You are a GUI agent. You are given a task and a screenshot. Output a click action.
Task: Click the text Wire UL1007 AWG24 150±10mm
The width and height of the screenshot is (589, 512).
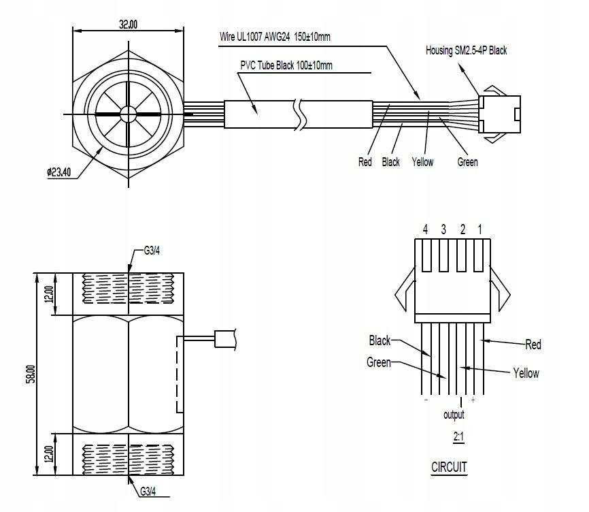tap(275, 37)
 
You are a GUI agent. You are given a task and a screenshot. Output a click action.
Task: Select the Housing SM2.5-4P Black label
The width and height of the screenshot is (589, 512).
tap(466, 50)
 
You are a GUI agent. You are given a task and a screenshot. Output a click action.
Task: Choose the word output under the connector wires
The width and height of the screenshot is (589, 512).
tap(454, 415)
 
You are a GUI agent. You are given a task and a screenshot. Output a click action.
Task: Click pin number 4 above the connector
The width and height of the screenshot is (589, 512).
tap(425, 230)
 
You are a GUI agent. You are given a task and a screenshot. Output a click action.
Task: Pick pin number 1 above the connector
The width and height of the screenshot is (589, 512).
tap(480, 230)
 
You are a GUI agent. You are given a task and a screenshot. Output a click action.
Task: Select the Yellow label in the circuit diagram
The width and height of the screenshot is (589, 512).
tap(525, 373)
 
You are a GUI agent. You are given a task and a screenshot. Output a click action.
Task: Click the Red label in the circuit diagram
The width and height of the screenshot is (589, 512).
tap(533, 345)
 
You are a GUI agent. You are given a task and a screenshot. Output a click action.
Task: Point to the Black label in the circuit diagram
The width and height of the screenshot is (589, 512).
tap(380, 340)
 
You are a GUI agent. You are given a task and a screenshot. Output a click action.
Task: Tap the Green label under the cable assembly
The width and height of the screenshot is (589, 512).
tap(467, 162)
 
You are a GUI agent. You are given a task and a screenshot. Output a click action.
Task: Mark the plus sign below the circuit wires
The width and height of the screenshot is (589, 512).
tap(472, 400)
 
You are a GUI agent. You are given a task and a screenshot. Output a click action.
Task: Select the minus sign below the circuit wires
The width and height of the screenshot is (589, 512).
tap(426, 400)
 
